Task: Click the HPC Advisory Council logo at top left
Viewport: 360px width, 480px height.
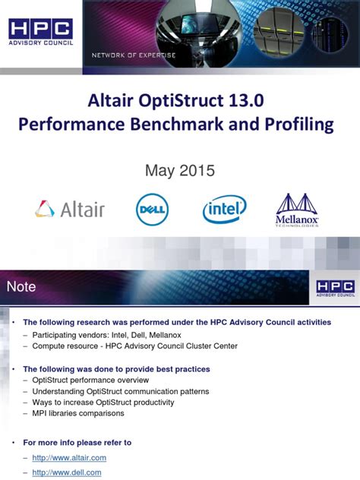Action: pyautogui.click(x=41, y=33)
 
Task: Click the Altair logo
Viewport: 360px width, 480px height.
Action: pyautogui.click(x=70, y=209)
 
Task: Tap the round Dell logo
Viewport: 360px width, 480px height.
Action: pyautogui.click(x=152, y=209)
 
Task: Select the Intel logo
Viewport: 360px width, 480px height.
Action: pyautogui.click(x=224, y=209)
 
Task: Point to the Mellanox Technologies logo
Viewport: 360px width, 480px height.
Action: pyautogui.click(x=297, y=209)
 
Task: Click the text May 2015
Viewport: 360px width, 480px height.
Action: pyautogui.click(x=180, y=171)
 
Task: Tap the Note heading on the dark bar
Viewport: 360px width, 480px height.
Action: pyautogui.click(x=21, y=286)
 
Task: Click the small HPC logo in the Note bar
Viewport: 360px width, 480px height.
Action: pyautogui.click(x=334, y=287)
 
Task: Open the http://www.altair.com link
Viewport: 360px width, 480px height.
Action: pyautogui.click(x=69, y=457)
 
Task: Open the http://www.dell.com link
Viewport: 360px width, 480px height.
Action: pyautogui.click(x=66, y=472)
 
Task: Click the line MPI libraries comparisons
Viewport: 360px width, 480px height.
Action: pyautogui.click(x=78, y=413)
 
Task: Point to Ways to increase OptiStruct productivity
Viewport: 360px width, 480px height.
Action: pyautogui.click(x=103, y=402)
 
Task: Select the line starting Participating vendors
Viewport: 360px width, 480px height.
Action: pyautogui.click(x=111, y=334)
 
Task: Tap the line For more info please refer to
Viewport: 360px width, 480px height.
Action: pyautogui.click(x=77, y=442)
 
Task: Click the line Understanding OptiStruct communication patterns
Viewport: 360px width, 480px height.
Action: pyautogui.click(x=121, y=391)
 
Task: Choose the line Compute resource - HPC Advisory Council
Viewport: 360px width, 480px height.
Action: pyautogui.click(x=134, y=346)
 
